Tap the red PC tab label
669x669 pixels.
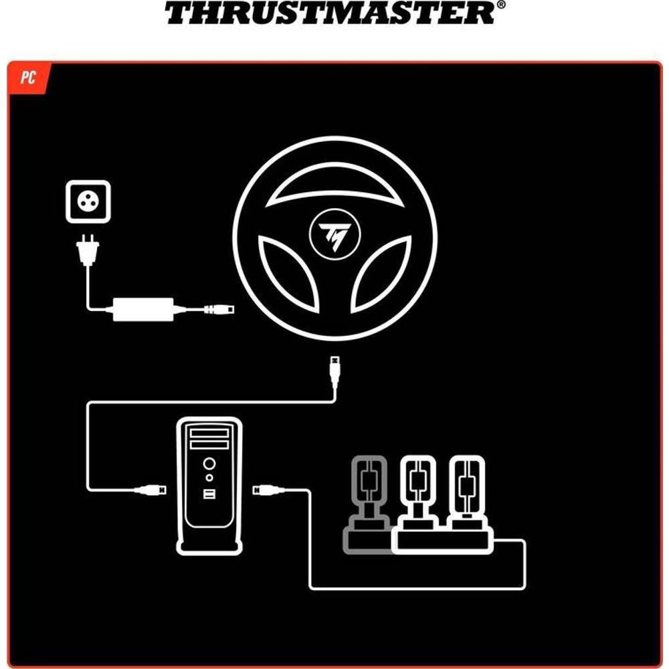click(x=28, y=78)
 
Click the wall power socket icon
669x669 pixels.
click(x=88, y=201)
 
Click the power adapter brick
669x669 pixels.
click(x=143, y=309)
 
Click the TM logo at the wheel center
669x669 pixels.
click(x=335, y=234)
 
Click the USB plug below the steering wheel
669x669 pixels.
click(x=335, y=372)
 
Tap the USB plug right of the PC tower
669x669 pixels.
click(x=269, y=490)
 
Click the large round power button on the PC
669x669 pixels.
click(x=209, y=464)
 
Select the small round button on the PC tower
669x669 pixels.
click(x=209, y=478)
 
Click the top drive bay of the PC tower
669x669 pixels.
click(x=209, y=434)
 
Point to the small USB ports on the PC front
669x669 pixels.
click(x=209, y=494)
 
